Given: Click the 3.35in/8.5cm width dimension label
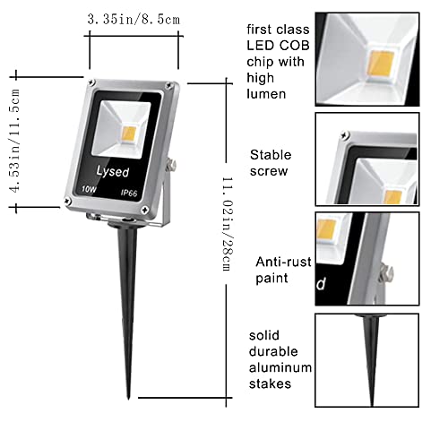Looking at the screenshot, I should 134,18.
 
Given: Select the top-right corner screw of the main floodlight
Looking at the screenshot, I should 168,87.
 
